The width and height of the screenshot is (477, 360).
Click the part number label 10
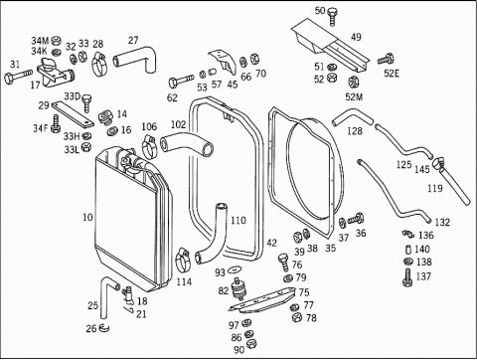click(x=87, y=218)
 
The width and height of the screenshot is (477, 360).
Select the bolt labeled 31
click(x=18, y=76)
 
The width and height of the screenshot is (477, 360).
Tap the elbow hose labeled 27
click(x=136, y=59)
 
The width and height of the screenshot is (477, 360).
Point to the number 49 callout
click(x=356, y=37)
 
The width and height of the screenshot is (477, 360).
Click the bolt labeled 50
click(x=332, y=17)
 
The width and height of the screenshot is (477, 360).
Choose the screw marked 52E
click(x=386, y=60)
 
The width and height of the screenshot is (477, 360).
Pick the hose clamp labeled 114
click(x=182, y=259)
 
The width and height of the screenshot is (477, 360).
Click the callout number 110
click(x=238, y=221)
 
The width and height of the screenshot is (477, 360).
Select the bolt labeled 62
click(x=181, y=81)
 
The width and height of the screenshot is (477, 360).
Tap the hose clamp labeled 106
click(x=149, y=146)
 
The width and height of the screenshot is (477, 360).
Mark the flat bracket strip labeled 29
click(x=73, y=113)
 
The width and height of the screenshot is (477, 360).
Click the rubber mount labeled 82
click(x=238, y=289)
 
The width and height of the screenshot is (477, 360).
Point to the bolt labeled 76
click(x=283, y=262)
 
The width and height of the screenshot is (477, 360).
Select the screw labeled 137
click(x=407, y=277)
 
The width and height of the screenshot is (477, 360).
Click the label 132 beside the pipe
click(x=442, y=222)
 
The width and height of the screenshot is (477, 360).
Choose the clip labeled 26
click(x=104, y=327)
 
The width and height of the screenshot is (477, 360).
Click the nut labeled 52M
click(x=353, y=82)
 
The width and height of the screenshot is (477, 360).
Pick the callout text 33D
click(x=73, y=96)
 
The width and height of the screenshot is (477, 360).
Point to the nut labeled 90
click(x=251, y=344)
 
